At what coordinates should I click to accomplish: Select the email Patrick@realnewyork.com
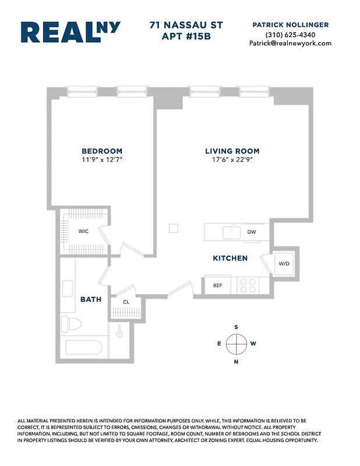pyautogui.click(x=290, y=43)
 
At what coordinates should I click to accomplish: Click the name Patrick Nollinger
pyautogui.click(x=290, y=24)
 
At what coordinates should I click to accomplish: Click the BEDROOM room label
pyautogui.click(x=102, y=151)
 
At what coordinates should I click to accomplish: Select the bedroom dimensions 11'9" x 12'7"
pyautogui.click(x=102, y=159)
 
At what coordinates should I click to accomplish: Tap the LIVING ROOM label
pyautogui.click(x=228, y=151)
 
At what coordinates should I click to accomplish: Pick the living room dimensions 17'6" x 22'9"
pyautogui.click(x=228, y=159)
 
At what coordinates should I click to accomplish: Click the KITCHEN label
pyautogui.click(x=230, y=258)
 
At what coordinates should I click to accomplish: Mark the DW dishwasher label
pyautogui.click(x=252, y=232)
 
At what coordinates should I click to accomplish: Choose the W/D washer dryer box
pyautogui.click(x=284, y=263)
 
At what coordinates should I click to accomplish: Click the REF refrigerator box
pyautogui.click(x=217, y=285)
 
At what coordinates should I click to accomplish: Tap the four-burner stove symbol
pyautogui.click(x=248, y=285)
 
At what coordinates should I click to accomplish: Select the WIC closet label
pyautogui.click(x=84, y=231)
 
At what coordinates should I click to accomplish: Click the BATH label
pyautogui.click(x=91, y=299)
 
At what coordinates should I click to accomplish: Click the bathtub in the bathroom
pyautogui.click(x=84, y=348)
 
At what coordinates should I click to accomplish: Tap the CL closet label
pyautogui.click(x=126, y=302)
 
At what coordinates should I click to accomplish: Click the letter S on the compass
pyautogui.click(x=236, y=327)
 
